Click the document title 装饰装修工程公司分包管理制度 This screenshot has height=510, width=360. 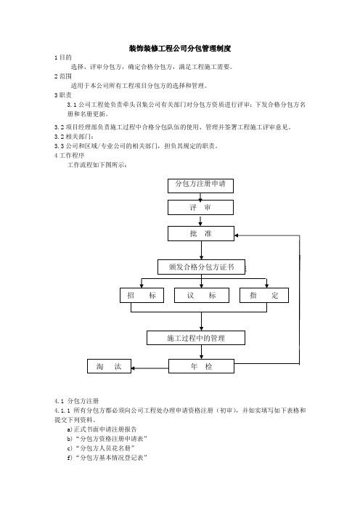coord(180,49)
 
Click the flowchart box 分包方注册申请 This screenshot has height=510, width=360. coord(200,185)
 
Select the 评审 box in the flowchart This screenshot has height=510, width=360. coord(200,207)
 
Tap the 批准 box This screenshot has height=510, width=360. coord(201,233)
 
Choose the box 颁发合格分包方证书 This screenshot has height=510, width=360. coord(202,267)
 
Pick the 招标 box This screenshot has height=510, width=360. coord(142,296)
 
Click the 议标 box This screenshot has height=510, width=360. coord(202,296)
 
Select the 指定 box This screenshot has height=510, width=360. coord(264,296)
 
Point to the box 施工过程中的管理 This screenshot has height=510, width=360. coord(196,338)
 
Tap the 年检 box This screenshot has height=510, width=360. coord(201,366)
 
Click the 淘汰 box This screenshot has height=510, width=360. coord(109,366)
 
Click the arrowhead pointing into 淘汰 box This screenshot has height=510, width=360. coord(133,368)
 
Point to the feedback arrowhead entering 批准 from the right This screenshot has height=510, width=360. coord(236,235)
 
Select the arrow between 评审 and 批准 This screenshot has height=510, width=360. coord(200,220)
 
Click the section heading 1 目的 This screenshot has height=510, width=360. coord(63,57)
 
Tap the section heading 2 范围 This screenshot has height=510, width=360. coord(63,76)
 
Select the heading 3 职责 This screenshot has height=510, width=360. coord(63,95)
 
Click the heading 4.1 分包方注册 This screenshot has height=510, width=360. coord(77,401)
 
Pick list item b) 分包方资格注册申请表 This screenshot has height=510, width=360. coord(107,439)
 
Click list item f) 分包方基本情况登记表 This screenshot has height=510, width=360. coord(107,458)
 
